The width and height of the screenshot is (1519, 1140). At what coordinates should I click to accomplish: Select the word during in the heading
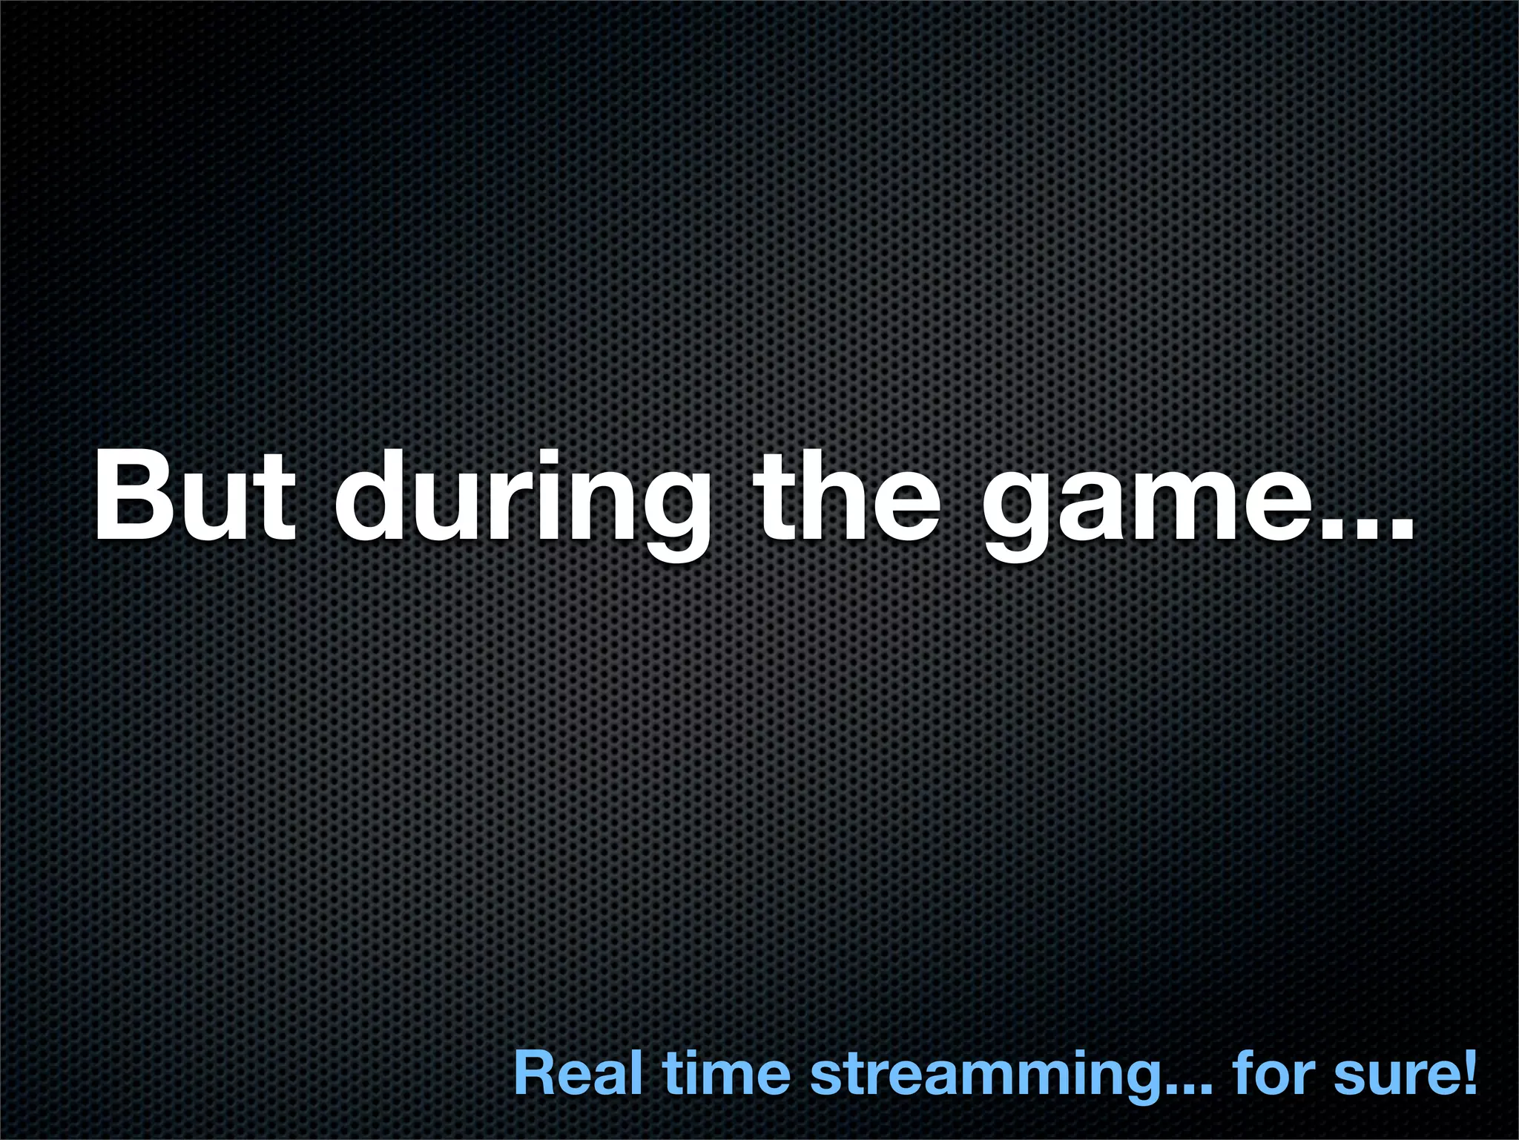click(521, 505)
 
